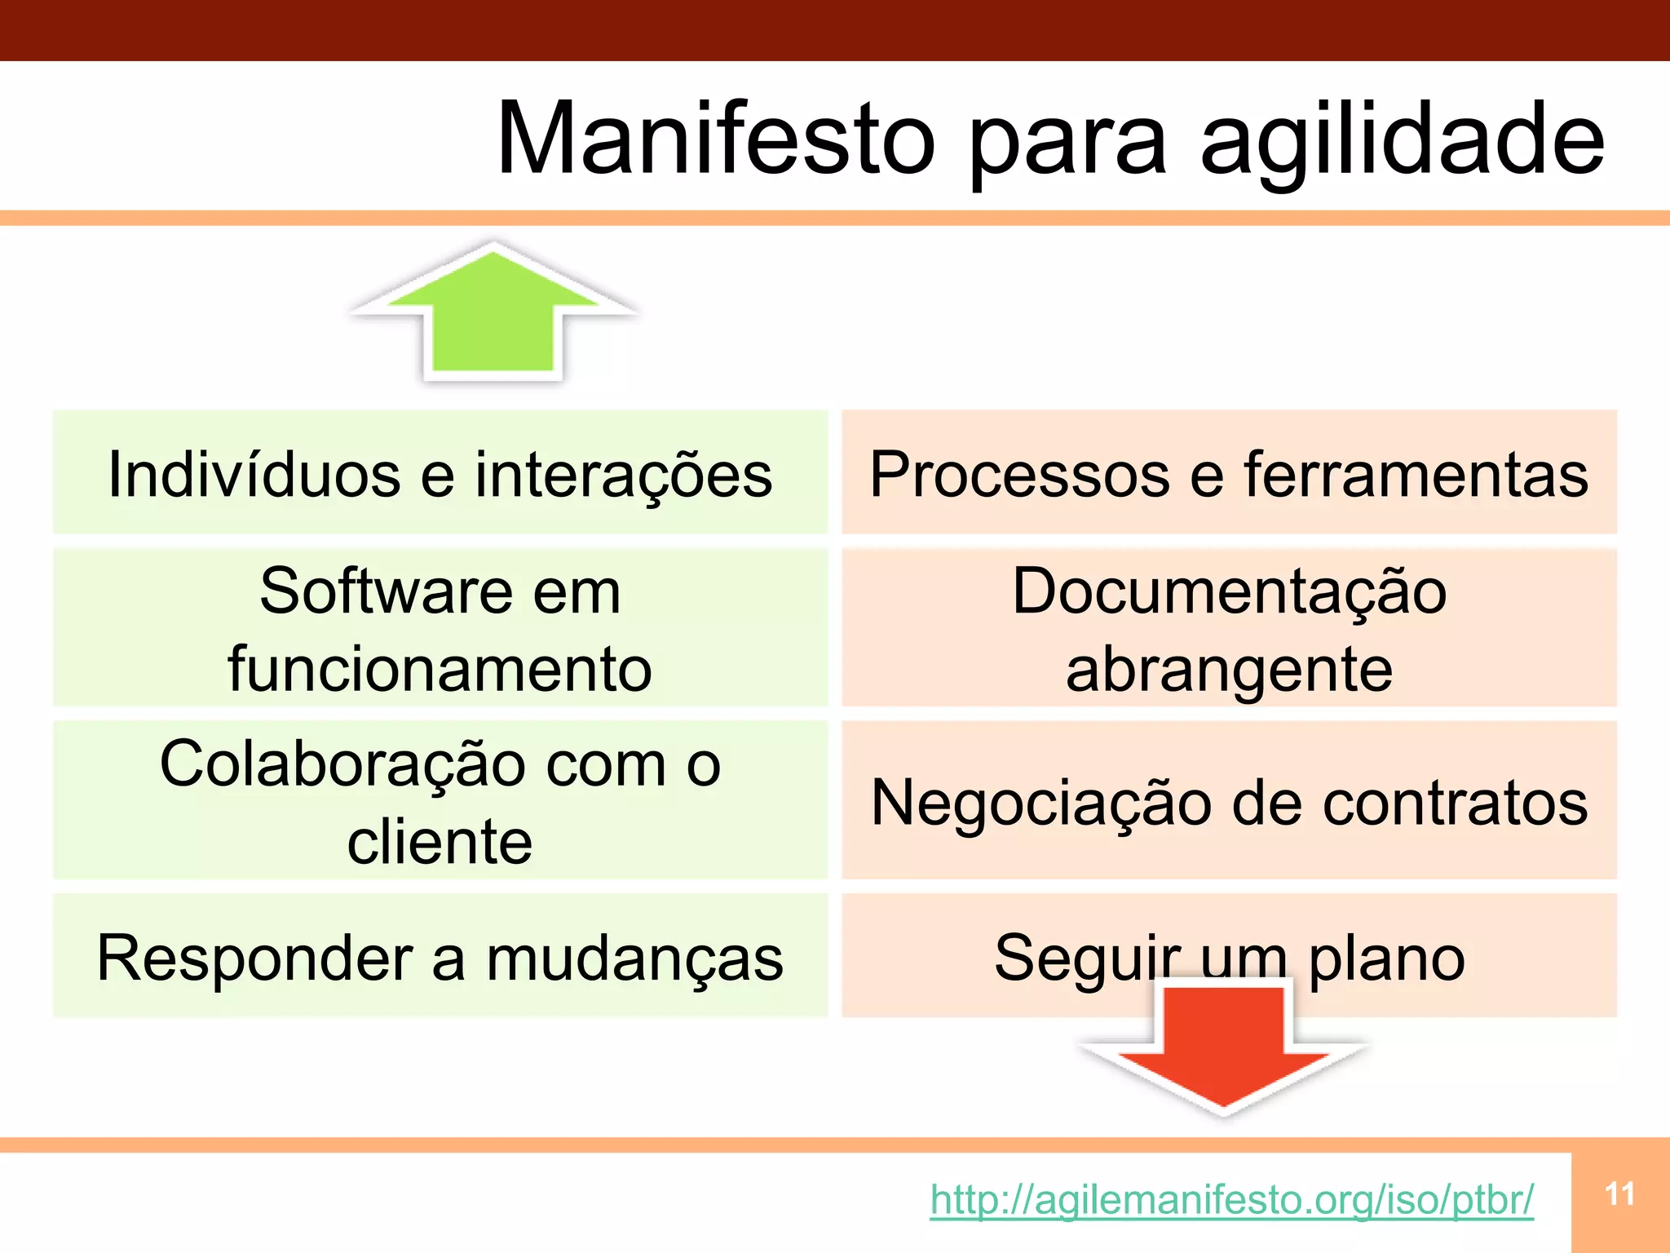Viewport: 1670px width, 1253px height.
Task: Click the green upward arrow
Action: point(493,314)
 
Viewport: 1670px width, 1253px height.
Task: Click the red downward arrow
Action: point(1223,1048)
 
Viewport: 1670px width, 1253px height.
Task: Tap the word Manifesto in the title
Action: point(715,139)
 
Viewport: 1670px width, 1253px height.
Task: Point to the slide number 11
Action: point(1619,1194)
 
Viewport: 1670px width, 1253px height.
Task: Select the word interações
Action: point(624,476)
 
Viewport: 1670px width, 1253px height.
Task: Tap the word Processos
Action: point(1019,474)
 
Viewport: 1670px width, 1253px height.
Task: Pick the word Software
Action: point(386,591)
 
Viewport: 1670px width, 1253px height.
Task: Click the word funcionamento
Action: point(440,669)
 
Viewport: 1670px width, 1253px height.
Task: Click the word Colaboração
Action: point(342,765)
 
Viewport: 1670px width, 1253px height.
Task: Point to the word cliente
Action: point(440,842)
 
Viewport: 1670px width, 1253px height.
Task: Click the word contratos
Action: point(1455,804)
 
